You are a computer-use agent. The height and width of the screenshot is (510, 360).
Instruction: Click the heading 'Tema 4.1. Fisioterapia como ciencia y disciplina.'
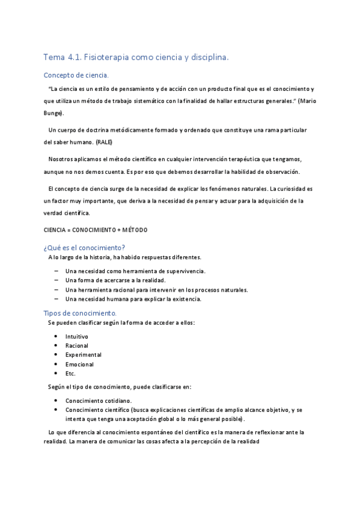(136, 58)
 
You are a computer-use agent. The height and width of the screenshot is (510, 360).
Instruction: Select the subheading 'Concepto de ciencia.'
(76, 76)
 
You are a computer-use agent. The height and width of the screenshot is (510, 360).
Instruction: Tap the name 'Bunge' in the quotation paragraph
(53, 114)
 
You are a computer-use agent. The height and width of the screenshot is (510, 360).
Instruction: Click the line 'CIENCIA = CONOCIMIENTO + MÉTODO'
(96, 230)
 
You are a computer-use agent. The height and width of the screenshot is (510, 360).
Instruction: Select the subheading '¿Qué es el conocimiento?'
(84, 247)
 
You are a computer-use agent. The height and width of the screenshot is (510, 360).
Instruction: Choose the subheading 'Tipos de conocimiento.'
(81, 313)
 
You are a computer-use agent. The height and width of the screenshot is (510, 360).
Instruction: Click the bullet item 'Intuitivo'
(77, 336)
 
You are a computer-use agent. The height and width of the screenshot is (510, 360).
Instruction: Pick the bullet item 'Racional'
(77, 346)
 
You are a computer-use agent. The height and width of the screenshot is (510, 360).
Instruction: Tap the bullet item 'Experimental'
(83, 355)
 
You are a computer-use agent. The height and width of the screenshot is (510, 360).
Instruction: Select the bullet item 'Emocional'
(79, 364)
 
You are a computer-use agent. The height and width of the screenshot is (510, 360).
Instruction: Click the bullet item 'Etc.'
(70, 373)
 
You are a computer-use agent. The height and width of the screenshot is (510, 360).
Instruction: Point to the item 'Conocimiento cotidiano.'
(99, 401)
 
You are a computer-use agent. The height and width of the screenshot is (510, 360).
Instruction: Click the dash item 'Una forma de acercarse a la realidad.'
(115, 280)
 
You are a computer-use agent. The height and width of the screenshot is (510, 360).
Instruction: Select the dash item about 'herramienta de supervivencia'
(135, 271)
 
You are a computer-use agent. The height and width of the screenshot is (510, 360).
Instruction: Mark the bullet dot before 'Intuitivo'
(56, 336)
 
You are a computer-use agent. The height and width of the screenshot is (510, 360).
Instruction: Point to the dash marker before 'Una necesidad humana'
(56, 299)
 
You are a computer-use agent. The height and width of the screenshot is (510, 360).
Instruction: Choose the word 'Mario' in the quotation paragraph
(307, 100)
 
